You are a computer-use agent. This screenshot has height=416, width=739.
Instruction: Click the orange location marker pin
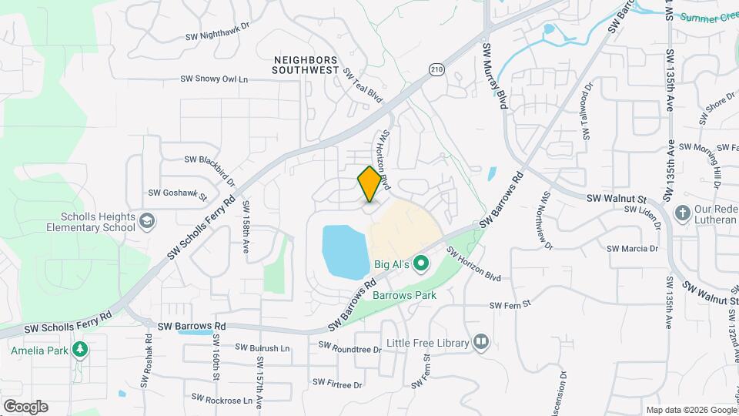[x=369, y=183]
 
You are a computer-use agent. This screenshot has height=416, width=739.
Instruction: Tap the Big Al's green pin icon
[x=420, y=264]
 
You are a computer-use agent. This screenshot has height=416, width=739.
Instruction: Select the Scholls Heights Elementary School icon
[x=145, y=222]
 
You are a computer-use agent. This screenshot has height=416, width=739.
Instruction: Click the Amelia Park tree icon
[x=79, y=350]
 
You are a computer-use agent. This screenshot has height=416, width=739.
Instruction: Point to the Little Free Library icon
[x=482, y=341]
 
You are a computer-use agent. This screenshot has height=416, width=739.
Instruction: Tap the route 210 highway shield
[x=437, y=70]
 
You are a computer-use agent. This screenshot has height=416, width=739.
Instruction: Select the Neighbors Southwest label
[x=306, y=64]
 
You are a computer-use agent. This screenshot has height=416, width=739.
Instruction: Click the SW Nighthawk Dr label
[x=218, y=35]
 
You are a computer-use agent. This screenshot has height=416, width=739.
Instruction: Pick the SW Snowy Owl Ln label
[x=215, y=79]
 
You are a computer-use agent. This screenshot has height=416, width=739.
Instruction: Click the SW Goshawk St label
[x=177, y=195]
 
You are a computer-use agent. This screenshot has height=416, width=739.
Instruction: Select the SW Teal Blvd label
[x=363, y=86]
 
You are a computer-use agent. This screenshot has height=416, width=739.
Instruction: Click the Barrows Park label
[x=404, y=295]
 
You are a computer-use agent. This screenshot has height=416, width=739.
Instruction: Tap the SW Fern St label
[x=510, y=305]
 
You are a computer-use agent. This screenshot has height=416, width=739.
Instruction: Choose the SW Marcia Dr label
[x=632, y=249]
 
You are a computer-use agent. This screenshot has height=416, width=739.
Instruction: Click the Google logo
[x=25, y=407]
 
